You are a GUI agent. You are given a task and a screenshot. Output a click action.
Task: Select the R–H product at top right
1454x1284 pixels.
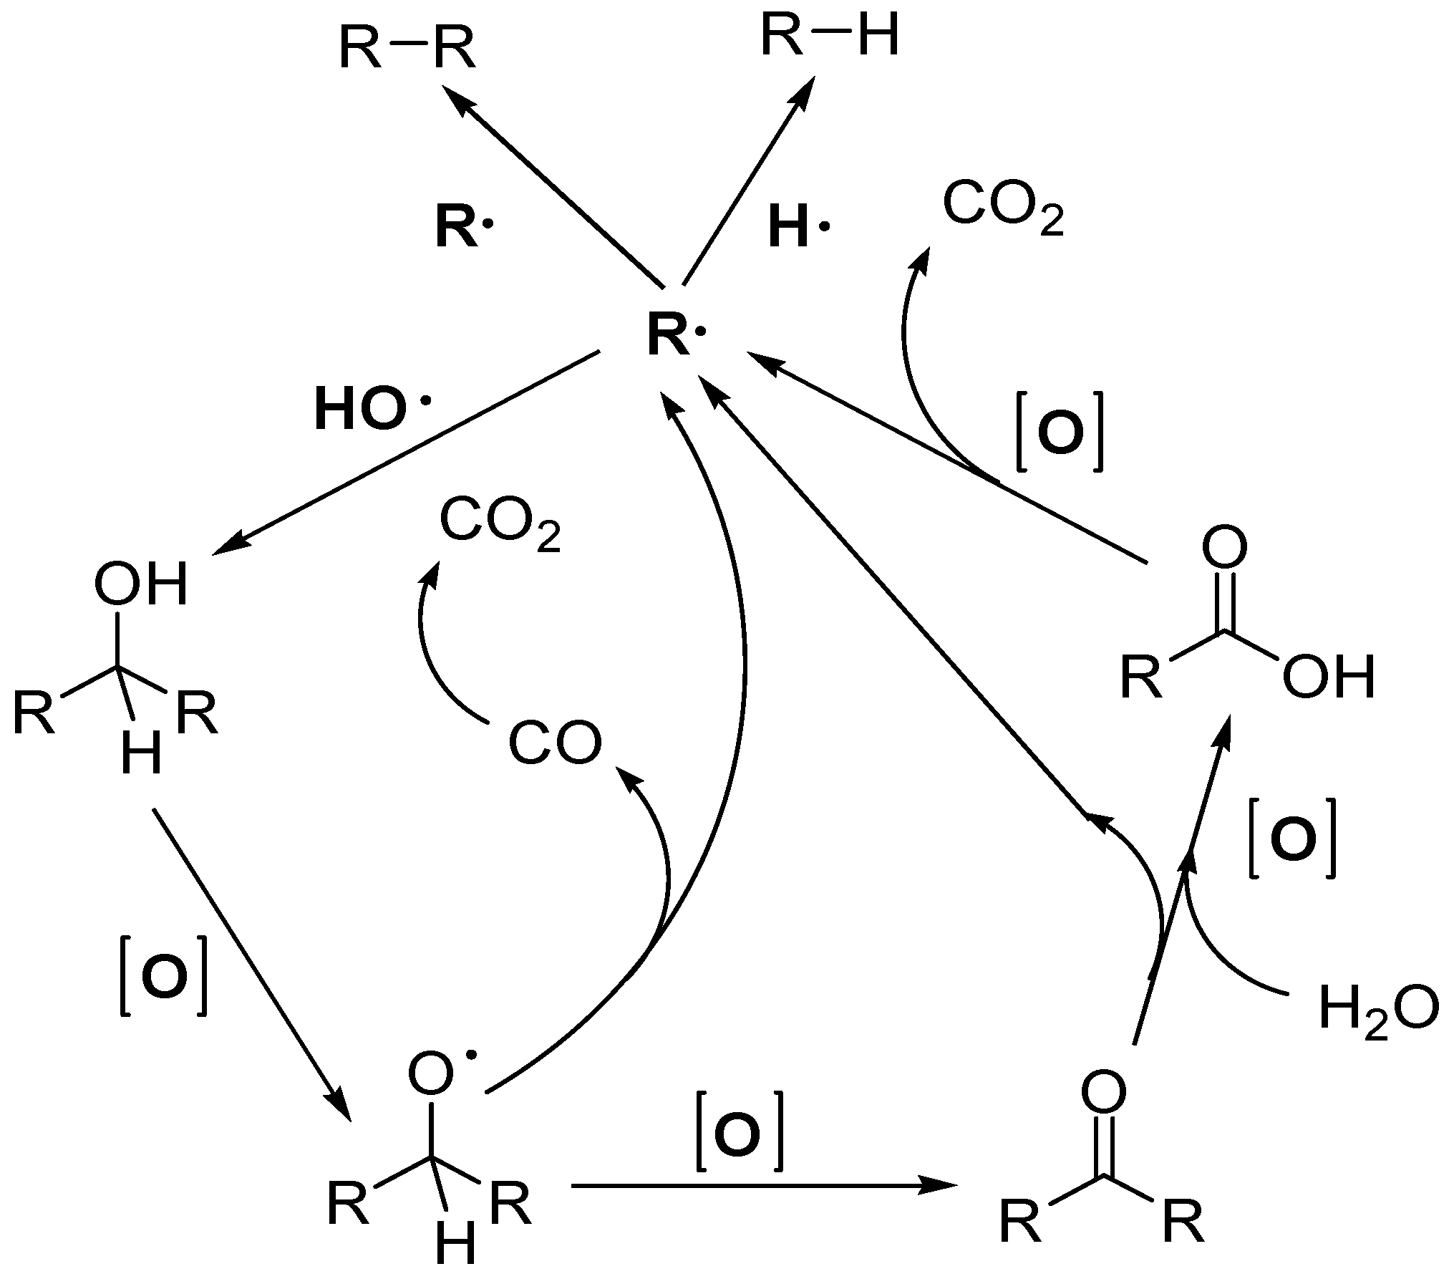pyautogui.click(x=828, y=37)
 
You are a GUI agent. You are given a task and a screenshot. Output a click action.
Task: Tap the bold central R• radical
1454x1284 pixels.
pyautogui.click(x=673, y=337)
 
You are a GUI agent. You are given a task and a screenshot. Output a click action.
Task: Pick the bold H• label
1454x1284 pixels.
pyautogui.click(x=796, y=228)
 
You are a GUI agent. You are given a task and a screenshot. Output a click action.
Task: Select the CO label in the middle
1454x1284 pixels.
pyautogui.click(x=555, y=745)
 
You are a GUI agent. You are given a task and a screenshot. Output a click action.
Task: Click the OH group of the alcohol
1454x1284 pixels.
pyautogui.click(x=141, y=584)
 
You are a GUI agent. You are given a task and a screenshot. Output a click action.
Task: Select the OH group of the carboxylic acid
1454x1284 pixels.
pyautogui.click(x=1329, y=677)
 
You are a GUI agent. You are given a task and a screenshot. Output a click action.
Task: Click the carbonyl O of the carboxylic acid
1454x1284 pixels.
pyautogui.click(x=1223, y=549)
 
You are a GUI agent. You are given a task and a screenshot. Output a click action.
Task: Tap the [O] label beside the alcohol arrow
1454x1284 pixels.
pyautogui.click(x=164, y=975)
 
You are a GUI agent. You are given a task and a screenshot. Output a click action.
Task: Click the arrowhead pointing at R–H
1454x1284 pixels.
pyautogui.click(x=808, y=93)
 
